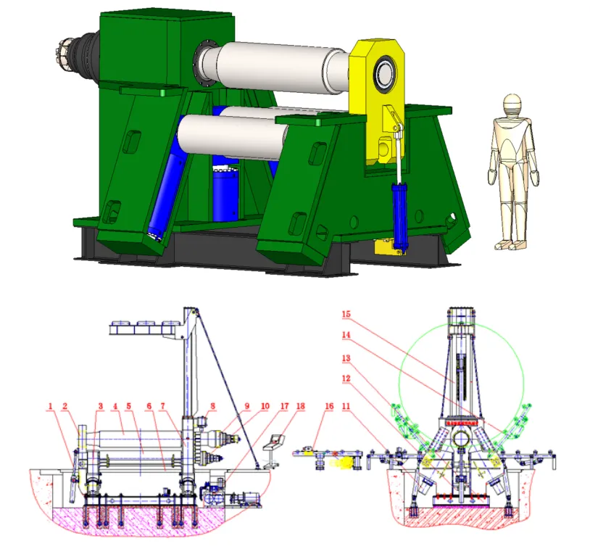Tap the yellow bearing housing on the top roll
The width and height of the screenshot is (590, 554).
click(x=377, y=102)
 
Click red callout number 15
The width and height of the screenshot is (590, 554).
click(x=346, y=314)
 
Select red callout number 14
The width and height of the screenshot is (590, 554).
click(x=346, y=334)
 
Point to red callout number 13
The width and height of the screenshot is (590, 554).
click(x=346, y=358)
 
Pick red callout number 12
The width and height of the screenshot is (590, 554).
click(x=346, y=379)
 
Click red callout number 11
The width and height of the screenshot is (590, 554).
click(x=346, y=406)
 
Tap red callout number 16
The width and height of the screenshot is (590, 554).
click(x=329, y=406)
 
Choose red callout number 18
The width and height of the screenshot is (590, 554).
click(x=300, y=406)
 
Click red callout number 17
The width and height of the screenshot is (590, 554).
click(x=284, y=406)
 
